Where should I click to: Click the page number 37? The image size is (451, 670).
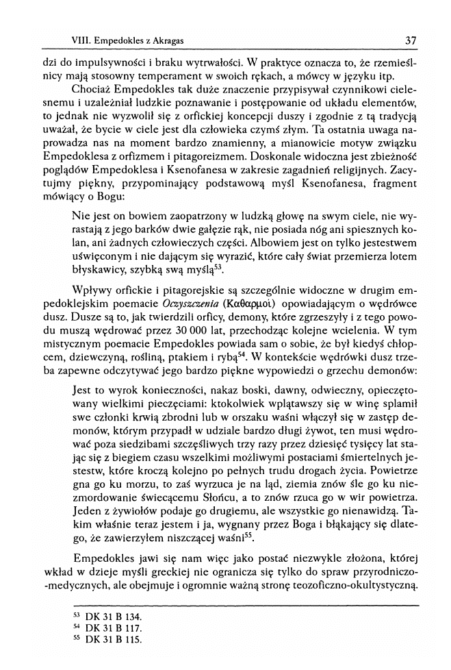coord(411,40)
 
